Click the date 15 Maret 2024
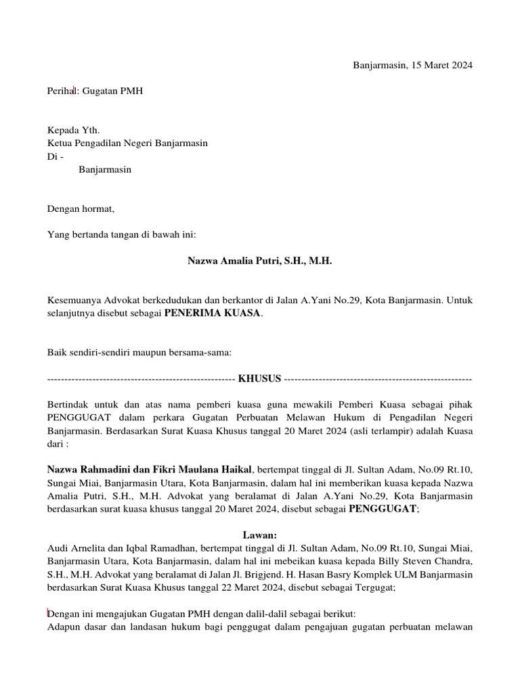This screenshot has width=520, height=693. coord(442,66)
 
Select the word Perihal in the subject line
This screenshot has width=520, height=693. coord(63,91)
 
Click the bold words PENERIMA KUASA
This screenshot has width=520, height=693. coord(212,313)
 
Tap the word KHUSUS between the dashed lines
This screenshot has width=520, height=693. coord(259,379)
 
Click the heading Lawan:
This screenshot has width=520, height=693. coord(260,535)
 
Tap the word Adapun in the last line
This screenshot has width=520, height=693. coord(65,627)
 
